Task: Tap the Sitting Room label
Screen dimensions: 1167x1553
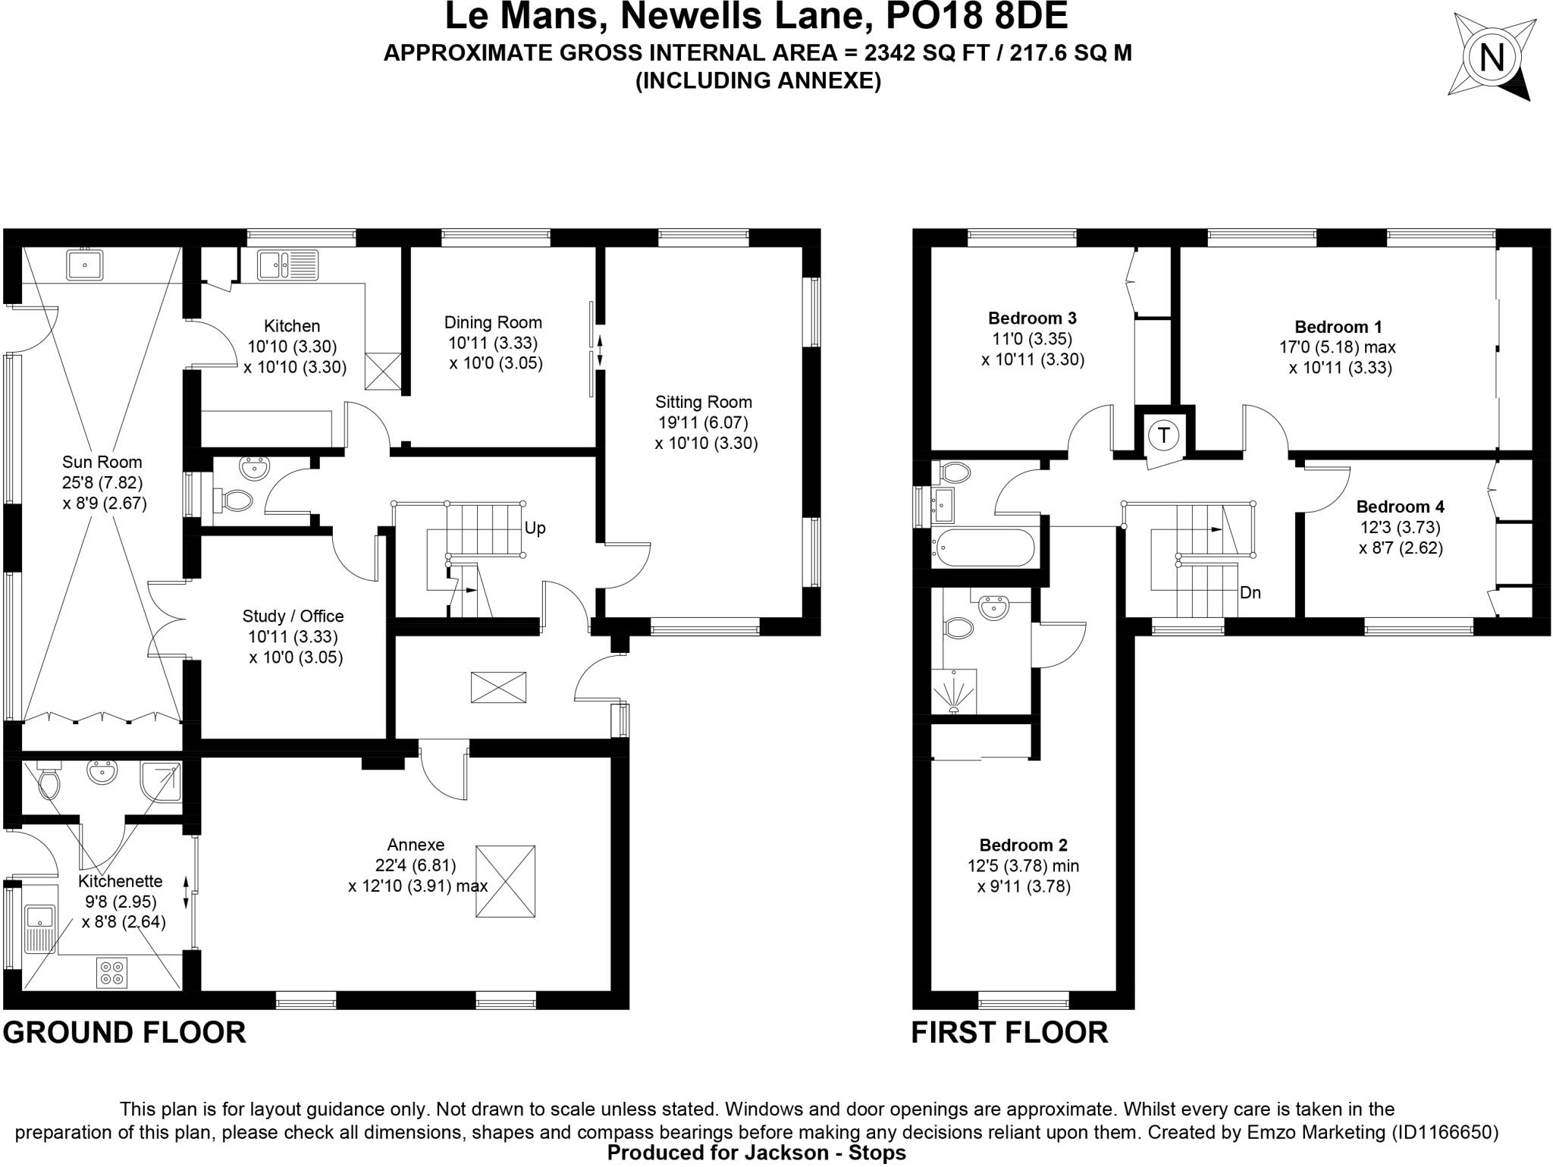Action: click(703, 402)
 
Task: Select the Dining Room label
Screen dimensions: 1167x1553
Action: click(493, 322)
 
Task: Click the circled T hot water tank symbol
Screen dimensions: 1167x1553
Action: click(1163, 435)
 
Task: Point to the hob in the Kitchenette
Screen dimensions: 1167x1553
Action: click(111, 973)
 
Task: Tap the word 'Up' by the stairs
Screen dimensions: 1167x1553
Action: click(535, 528)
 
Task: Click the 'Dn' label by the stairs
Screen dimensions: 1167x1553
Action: click(1250, 592)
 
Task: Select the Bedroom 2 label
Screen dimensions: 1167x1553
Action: click(1023, 845)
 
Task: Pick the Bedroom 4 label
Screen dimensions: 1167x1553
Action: click(1400, 507)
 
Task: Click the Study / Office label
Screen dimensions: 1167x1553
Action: click(293, 616)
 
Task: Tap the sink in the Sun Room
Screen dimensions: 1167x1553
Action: click(85, 265)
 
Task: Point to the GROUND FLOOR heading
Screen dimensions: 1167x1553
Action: click(125, 1033)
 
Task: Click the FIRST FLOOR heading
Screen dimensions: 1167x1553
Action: click(1009, 1033)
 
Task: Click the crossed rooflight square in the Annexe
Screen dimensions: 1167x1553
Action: click(505, 882)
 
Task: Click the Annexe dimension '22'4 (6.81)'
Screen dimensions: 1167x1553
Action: click(416, 865)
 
